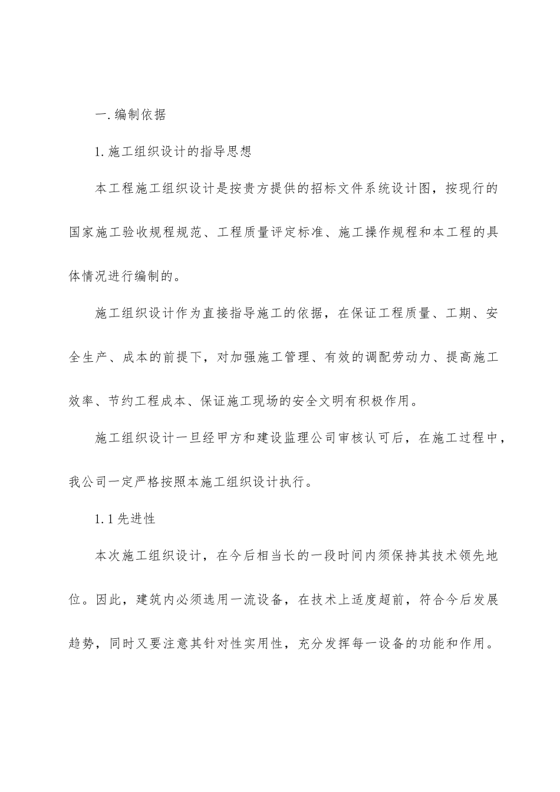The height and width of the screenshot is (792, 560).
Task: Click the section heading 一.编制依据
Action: tap(130, 114)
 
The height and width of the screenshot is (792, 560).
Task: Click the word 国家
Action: tap(83, 233)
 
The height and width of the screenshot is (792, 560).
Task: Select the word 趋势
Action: tap(82, 643)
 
